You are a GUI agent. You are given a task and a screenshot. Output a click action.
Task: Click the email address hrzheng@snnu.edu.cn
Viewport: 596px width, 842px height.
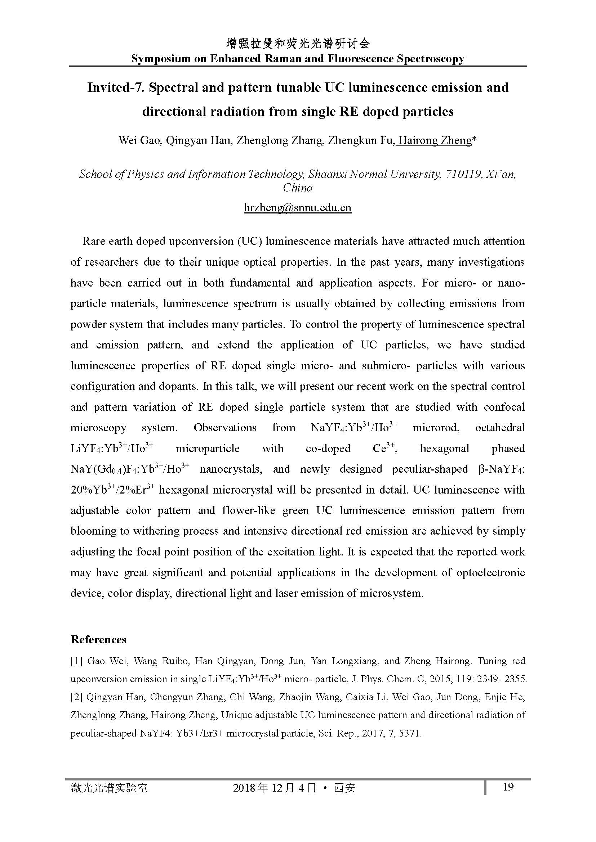click(x=298, y=208)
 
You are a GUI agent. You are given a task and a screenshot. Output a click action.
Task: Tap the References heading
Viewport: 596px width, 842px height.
click(x=98, y=640)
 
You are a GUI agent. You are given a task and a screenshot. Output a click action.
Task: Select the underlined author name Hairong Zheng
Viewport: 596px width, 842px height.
click(x=435, y=140)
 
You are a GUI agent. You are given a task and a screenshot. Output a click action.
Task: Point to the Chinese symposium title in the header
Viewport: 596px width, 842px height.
click(x=298, y=44)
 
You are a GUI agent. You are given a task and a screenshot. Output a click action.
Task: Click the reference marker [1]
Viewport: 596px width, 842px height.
click(x=77, y=661)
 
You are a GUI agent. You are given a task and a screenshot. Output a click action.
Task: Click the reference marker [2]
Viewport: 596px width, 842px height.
click(x=77, y=697)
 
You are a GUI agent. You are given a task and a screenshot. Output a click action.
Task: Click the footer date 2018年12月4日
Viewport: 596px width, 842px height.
click(x=274, y=788)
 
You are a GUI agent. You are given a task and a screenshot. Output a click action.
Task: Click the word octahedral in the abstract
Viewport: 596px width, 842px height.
click(x=500, y=428)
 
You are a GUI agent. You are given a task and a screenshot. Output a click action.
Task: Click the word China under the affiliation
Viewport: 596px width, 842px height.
click(x=298, y=188)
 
